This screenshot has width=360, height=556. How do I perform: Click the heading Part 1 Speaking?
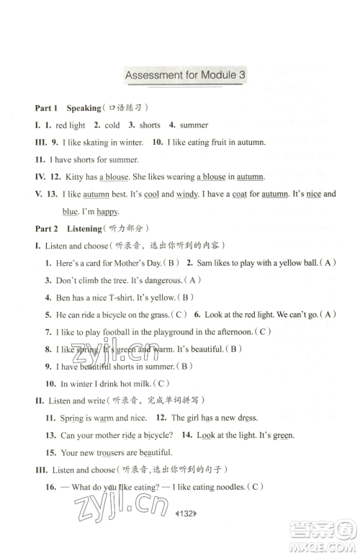pos(68,108)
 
